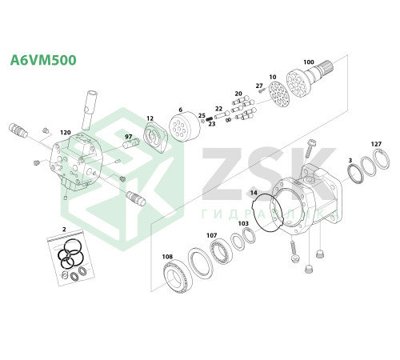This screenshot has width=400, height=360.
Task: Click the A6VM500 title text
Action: (43, 60)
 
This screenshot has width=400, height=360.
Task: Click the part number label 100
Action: (309, 62)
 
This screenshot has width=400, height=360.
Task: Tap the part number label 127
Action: (376, 144)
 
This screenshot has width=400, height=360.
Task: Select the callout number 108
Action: (167, 257)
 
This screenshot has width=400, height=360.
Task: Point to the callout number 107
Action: (212, 235)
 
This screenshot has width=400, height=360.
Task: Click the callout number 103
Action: (243, 223)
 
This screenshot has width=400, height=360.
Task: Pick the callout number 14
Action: (254, 193)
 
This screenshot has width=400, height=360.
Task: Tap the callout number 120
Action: (66, 133)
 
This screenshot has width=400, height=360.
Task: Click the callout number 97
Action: (129, 137)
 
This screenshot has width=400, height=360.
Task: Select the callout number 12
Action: (150, 118)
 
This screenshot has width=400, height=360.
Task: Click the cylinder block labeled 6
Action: (185, 126)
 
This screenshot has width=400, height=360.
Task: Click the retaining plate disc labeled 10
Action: (278, 94)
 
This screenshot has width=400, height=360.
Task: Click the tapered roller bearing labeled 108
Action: (178, 278)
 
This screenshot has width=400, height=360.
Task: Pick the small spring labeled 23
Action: (210, 118)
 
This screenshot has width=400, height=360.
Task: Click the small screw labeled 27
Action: (261, 91)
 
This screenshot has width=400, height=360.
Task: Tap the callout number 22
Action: (218, 109)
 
